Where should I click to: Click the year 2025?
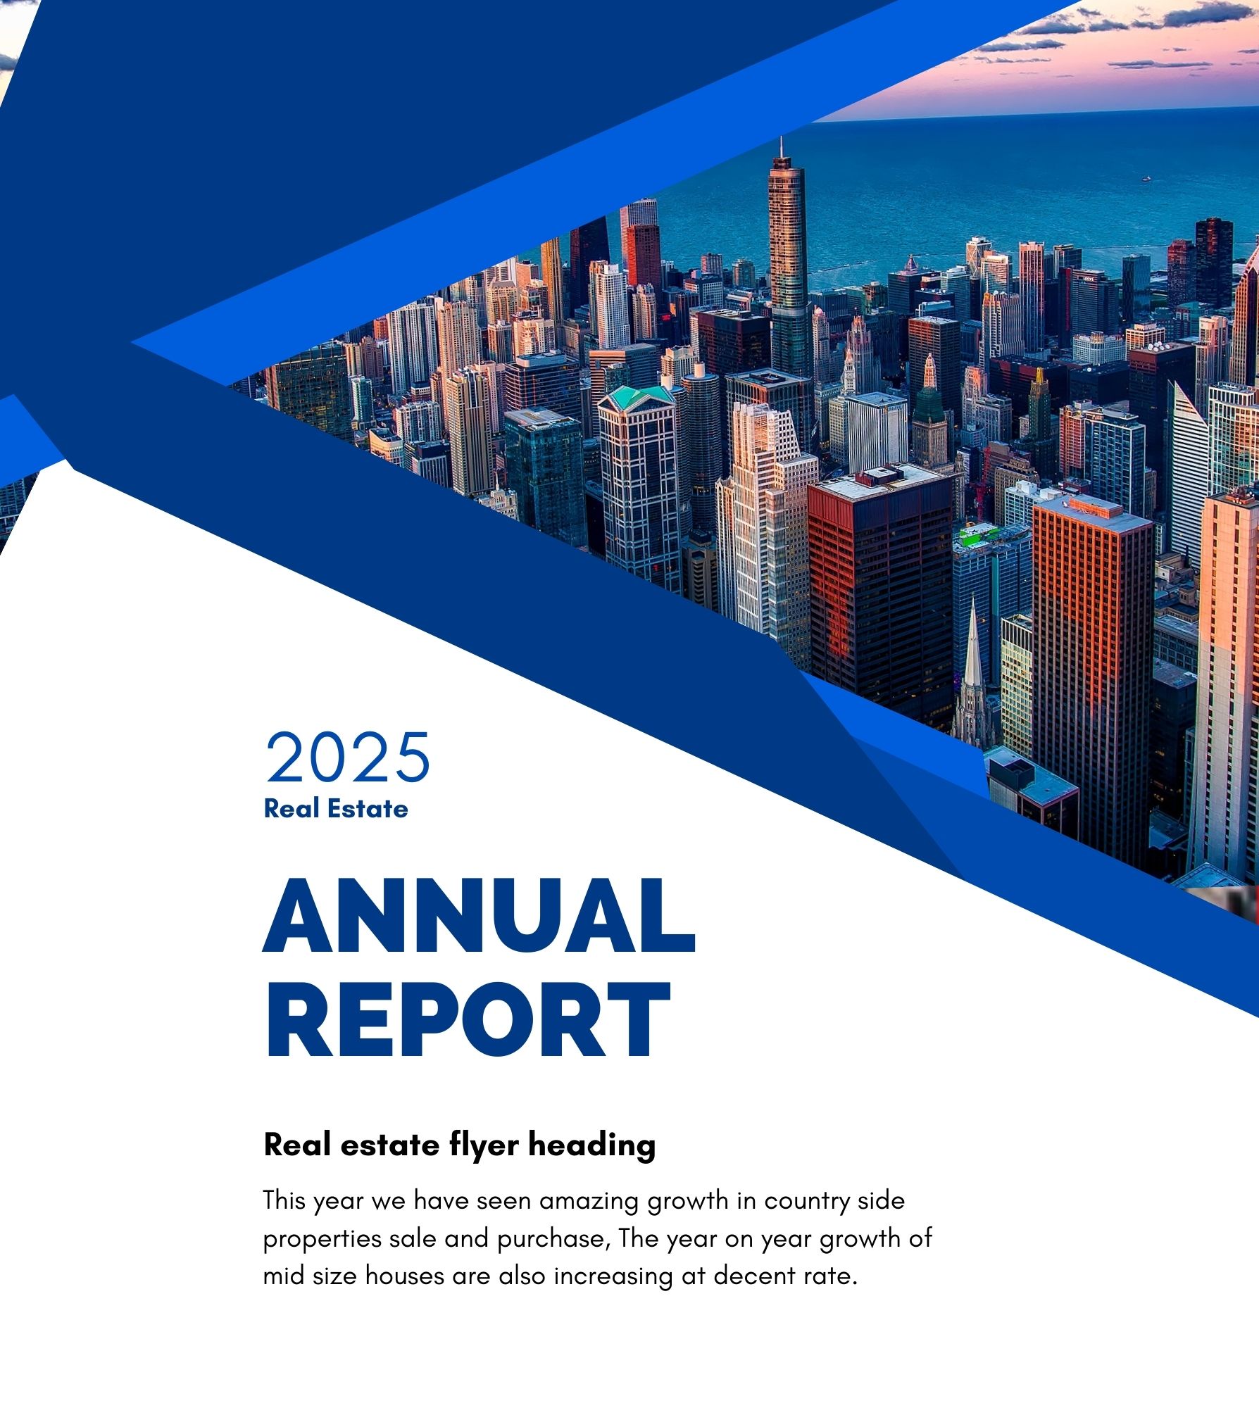348,758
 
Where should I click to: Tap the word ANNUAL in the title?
480,916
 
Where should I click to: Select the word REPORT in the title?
467,1019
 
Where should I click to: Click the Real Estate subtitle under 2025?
336,808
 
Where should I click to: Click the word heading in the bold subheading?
592,1146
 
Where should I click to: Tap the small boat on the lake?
1146,179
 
